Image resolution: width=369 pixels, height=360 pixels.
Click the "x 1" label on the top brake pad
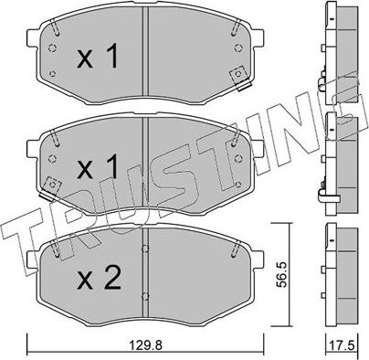coord(97,60)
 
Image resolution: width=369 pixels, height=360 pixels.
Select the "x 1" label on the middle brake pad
coord(97,167)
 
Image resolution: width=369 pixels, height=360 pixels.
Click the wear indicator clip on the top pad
coord(240,78)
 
